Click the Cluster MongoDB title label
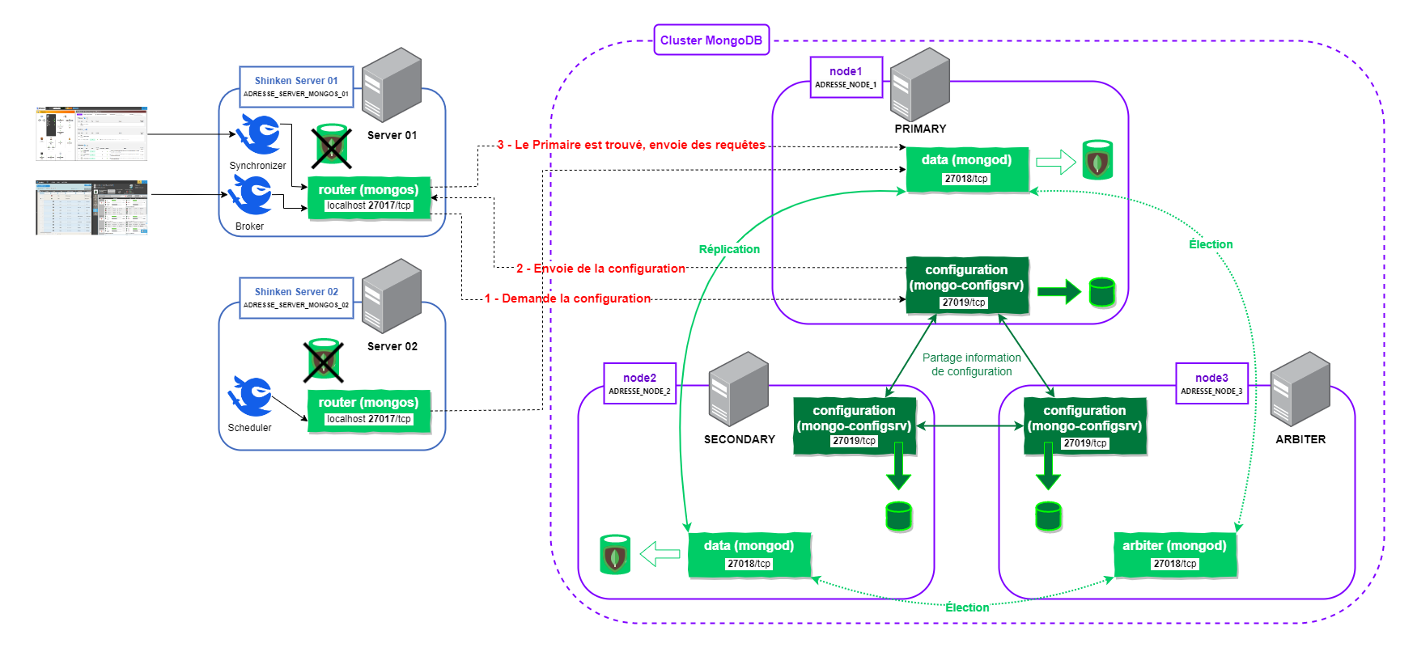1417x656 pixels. (711, 40)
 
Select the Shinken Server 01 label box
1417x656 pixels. (296, 87)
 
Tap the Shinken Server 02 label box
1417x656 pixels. (296, 298)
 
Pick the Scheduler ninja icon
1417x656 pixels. (251, 396)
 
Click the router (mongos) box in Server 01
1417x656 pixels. (368, 197)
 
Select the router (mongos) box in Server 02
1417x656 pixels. (368, 410)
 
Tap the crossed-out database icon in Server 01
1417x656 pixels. (331, 146)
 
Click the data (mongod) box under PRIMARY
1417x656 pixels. (966, 168)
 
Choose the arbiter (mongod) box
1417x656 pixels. (1174, 554)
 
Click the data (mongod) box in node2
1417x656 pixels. (749, 554)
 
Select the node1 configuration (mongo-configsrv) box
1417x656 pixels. (966, 286)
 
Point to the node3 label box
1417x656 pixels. (1211, 383)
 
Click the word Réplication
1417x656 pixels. (729, 249)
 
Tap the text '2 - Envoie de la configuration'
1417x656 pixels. (600, 269)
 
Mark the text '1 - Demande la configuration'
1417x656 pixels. (567, 298)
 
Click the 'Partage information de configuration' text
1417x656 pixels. (971, 364)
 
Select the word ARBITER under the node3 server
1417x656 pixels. (1300, 439)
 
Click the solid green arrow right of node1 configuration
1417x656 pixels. (1059, 291)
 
